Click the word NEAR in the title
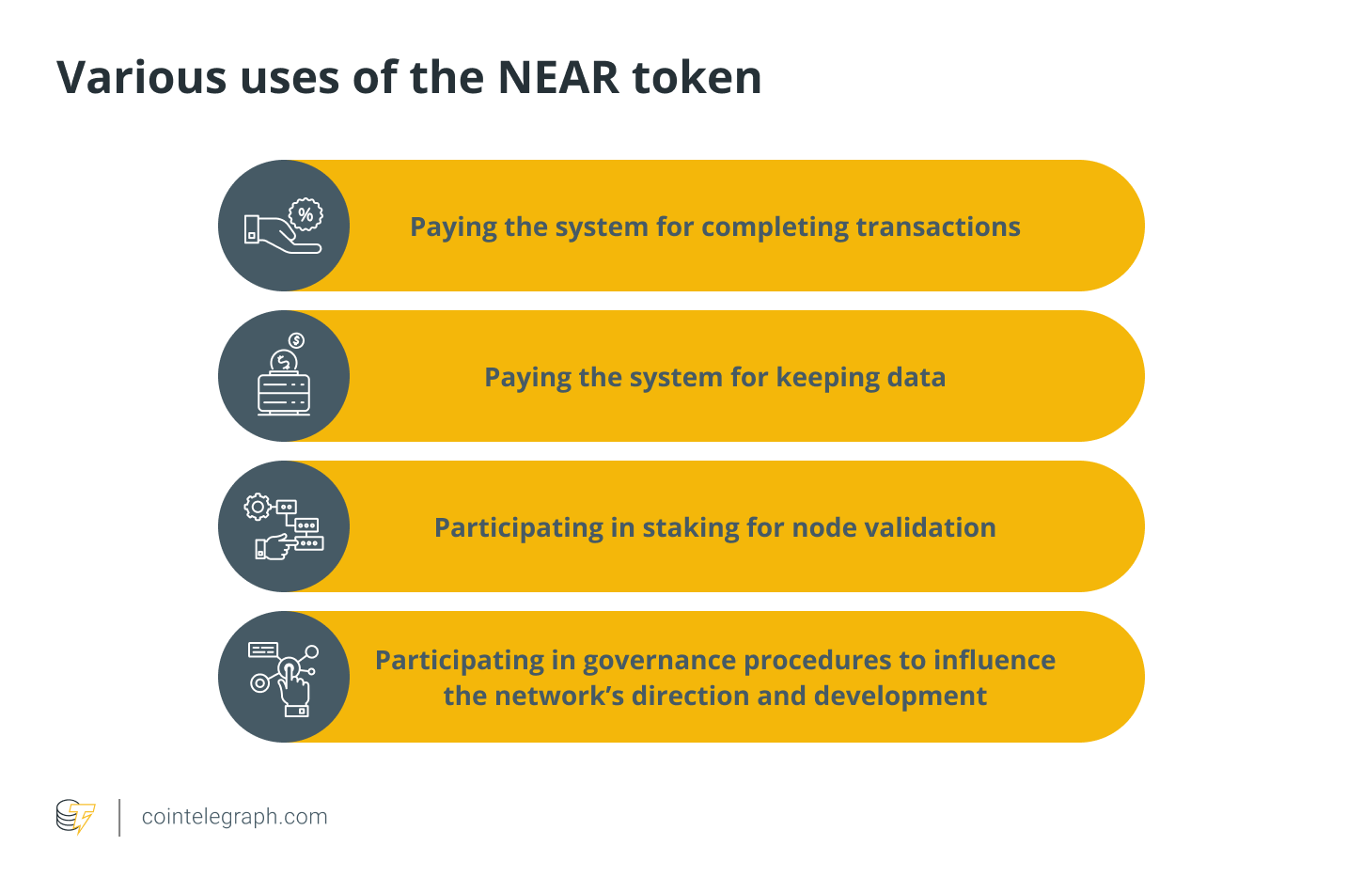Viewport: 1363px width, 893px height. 558,78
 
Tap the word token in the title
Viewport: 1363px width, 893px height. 697,78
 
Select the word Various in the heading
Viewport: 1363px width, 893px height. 141,78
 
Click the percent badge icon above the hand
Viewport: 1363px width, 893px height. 305,214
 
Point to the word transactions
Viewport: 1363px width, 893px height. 938,227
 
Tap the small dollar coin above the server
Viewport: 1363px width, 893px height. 296,340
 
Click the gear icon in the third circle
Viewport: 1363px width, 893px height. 258,507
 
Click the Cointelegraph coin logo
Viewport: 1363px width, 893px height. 75,817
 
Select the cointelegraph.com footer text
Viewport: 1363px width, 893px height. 234,817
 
